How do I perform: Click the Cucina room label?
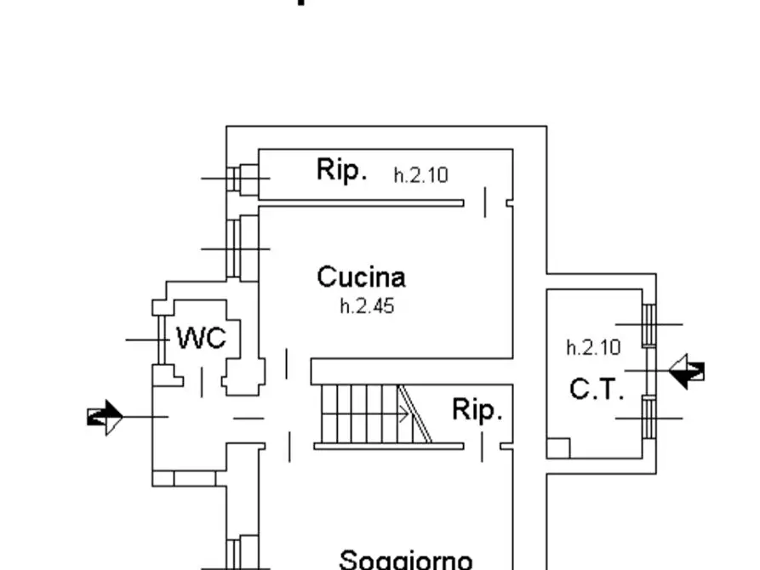click(361, 276)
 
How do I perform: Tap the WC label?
click(202, 338)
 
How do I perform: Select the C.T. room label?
click(597, 390)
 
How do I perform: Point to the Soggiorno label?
click(406, 559)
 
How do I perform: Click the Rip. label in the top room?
click(342, 169)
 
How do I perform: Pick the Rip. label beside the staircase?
click(477, 410)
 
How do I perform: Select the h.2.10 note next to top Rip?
click(420, 175)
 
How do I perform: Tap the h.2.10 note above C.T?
click(593, 347)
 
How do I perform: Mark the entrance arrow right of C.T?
click(687, 370)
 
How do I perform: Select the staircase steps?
click(357, 414)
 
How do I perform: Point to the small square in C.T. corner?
click(557, 447)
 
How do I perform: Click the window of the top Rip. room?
click(237, 178)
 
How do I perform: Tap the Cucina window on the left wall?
click(233, 248)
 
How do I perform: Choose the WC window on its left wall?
click(160, 339)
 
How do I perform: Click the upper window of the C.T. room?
click(649, 324)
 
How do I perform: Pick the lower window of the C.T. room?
click(649, 417)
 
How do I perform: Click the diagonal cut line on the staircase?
click(415, 413)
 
